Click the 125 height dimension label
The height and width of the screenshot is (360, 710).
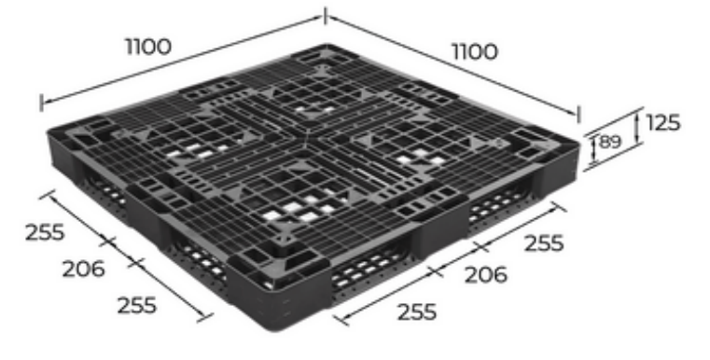(x=663, y=123)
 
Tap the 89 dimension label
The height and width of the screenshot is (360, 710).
(x=610, y=142)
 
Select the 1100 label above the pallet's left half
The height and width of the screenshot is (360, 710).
(x=148, y=47)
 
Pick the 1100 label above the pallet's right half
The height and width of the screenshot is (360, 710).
(x=475, y=52)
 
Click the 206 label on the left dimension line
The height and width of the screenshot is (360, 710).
(x=83, y=269)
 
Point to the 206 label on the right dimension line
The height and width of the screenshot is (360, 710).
(x=486, y=275)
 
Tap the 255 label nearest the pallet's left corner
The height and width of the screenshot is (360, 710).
(x=45, y=233)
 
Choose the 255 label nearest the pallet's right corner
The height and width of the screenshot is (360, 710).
(x=544, y=243)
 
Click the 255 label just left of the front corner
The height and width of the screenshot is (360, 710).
(x=137, y=305)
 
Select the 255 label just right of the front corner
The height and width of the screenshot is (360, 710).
(x=417, y=312)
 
